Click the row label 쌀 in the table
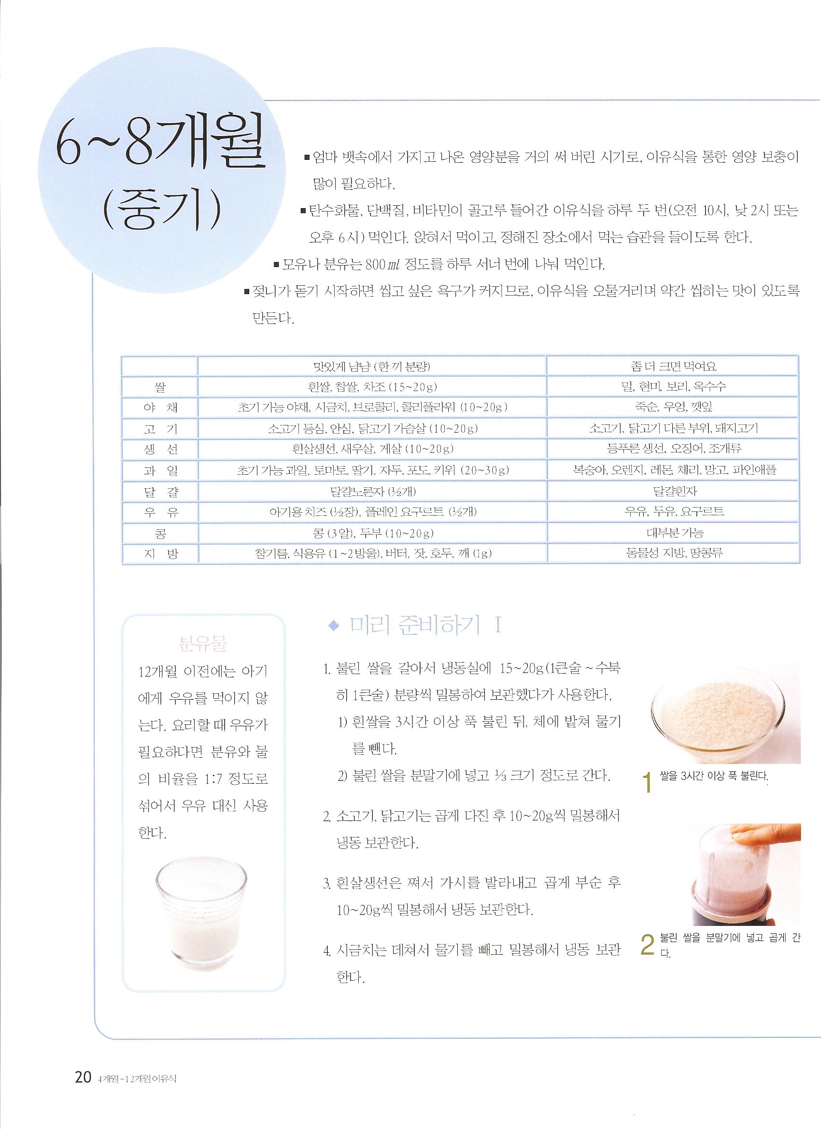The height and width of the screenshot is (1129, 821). point(160,387)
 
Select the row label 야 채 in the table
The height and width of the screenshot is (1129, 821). point(160,408)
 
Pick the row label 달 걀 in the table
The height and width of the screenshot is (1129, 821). point(160,491)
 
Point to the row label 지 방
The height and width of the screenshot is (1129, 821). point(160,553)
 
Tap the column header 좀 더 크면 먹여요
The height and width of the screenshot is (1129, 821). point(673,367)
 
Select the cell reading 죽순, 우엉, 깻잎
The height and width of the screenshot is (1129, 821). point(673,407)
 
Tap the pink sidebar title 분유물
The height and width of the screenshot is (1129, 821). point(203,646)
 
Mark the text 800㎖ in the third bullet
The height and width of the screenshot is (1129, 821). point(383,264)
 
